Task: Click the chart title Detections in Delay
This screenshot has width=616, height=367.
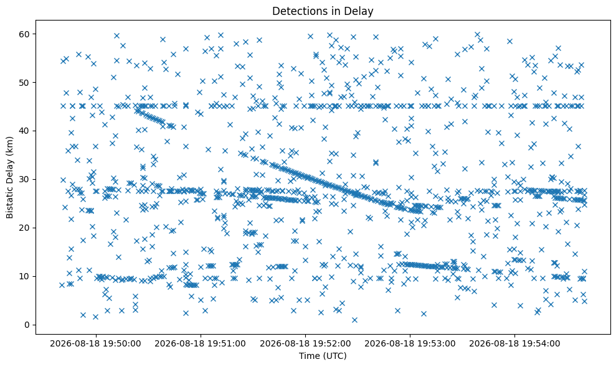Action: point(323,11)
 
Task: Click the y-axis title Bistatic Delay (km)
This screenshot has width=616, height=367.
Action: point(9,177)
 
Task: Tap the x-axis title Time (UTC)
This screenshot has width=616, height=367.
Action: point(323,356)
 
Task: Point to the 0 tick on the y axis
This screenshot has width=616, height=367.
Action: point(27,325)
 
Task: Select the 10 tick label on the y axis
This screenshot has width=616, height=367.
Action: point(25,276)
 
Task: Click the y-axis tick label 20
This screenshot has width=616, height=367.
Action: point(25,228)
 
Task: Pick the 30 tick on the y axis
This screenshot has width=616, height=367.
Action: point(25,179)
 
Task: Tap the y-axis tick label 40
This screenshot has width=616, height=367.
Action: point(25,131)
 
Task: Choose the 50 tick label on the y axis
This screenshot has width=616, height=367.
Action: point(25,83)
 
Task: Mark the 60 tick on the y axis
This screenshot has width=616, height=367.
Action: point(25,34)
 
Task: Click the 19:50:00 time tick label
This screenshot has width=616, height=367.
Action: point(95,344)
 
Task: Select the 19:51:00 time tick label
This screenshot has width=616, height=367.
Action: point(201,344)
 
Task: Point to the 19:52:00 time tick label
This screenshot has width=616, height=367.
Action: point(305,344)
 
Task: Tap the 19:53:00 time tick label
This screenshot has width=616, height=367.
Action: point(410,344)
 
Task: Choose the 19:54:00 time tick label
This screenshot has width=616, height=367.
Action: point(514,344)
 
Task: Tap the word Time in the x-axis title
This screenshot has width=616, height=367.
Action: point(309,356)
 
